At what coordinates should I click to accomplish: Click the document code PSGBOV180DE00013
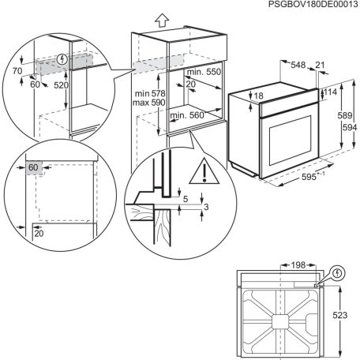coord(301,6)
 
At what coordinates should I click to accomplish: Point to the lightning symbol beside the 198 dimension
coord(339,274)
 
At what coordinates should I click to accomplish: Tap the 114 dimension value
coord(329,93)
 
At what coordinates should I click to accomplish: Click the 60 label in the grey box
coord(34,167)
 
